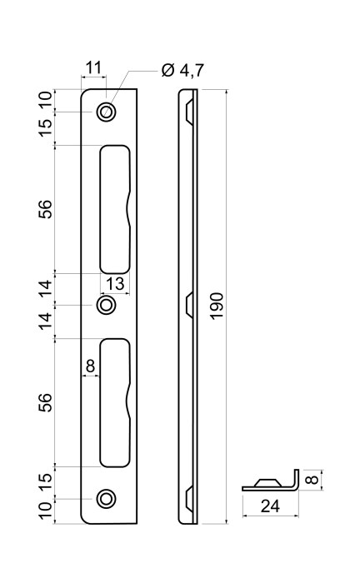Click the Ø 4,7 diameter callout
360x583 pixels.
[182, 70]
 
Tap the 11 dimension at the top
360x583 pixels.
[93, 68]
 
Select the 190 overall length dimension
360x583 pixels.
[217, 306]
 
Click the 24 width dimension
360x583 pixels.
[270, 506]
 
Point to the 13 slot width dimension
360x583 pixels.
[115, 284]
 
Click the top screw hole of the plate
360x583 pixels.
[106, 112]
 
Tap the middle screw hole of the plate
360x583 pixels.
[106, 305]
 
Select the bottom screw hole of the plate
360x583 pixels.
[106, 499]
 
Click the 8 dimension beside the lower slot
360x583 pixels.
[90, 366]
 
